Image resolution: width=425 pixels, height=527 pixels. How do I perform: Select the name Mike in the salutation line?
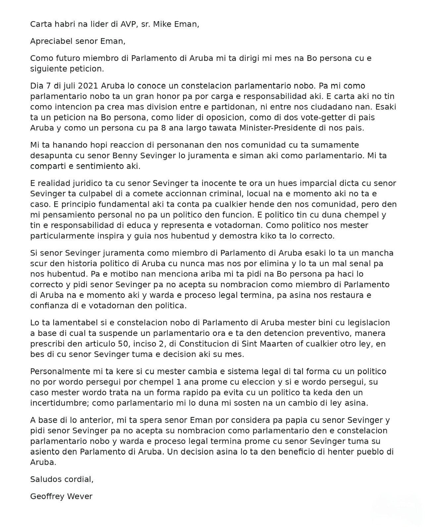pos(163,24)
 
